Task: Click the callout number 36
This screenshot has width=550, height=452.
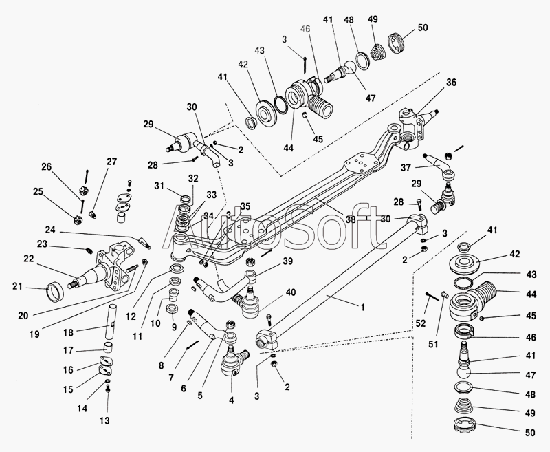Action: (451, 83)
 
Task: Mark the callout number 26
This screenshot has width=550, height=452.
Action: (46, 166)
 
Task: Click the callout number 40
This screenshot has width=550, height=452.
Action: (291, 292)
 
